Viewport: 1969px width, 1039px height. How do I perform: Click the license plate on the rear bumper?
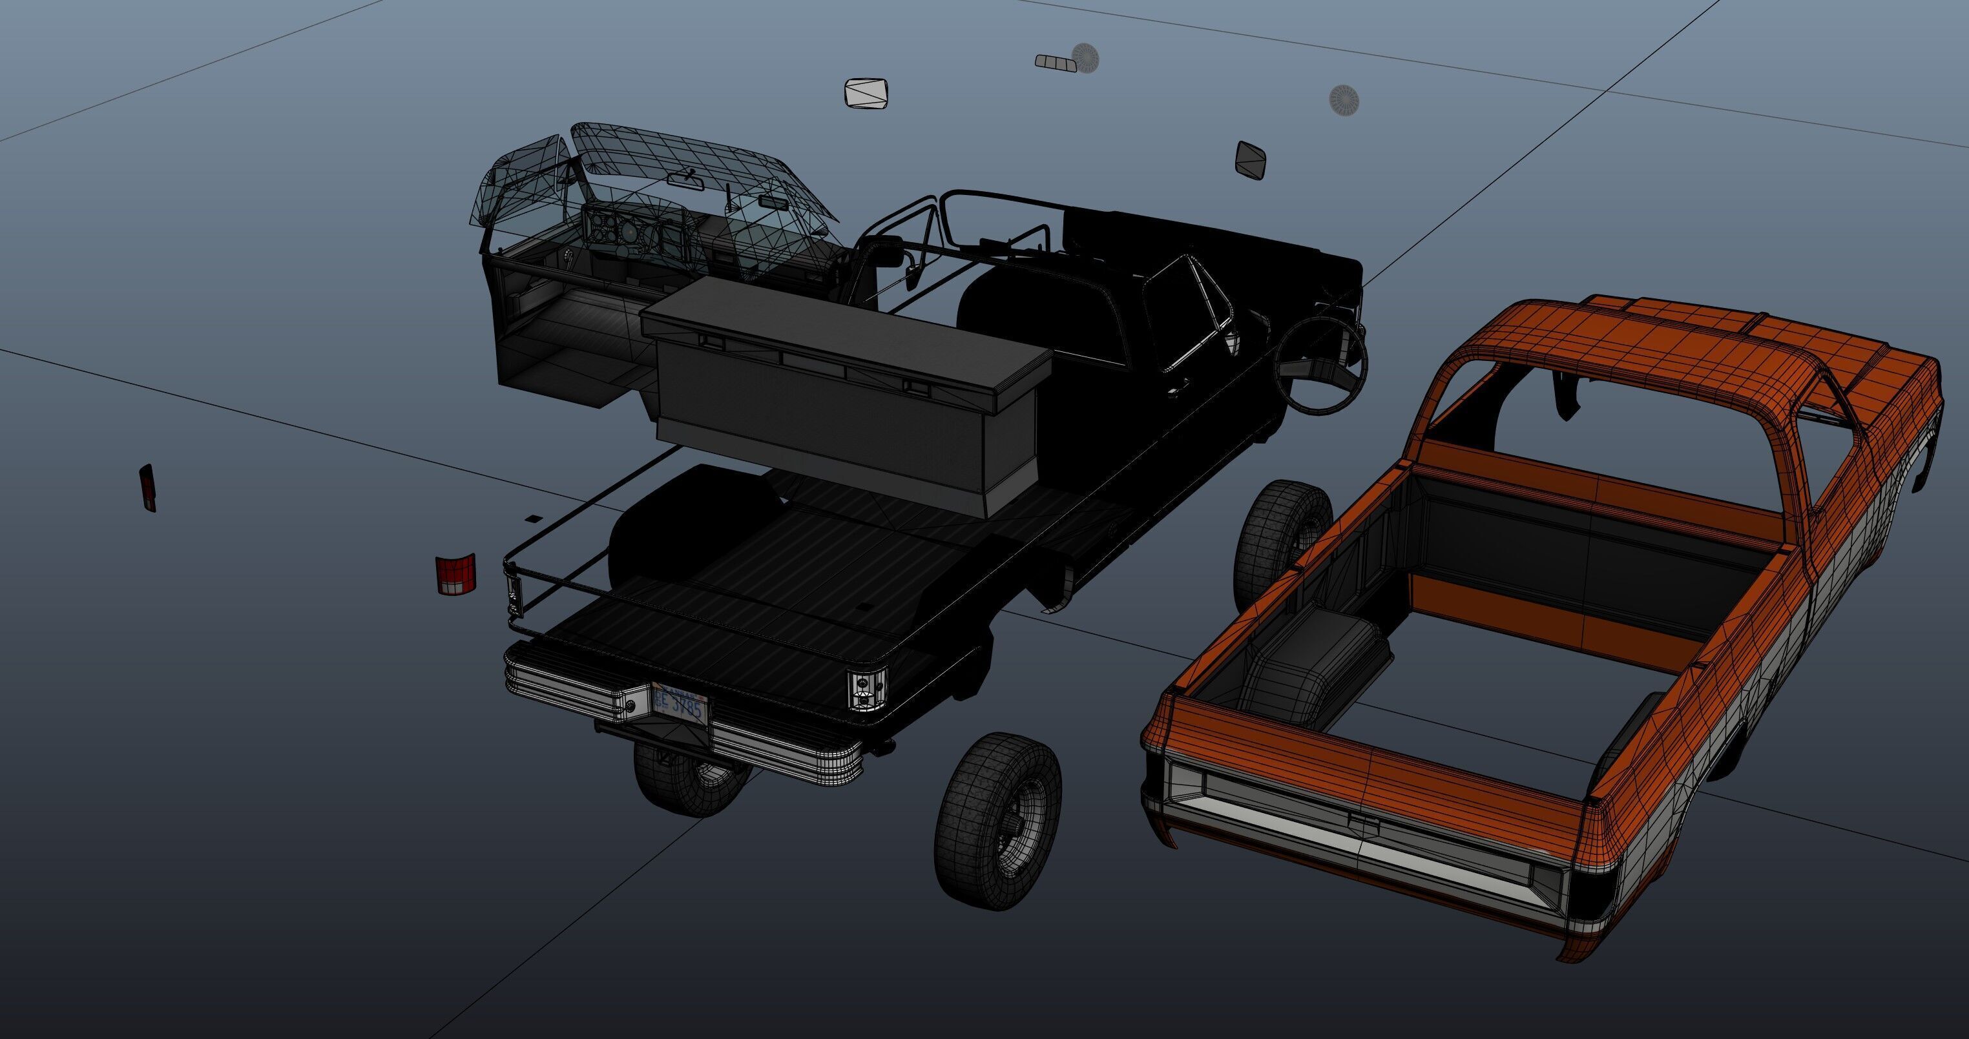tap(680, 705)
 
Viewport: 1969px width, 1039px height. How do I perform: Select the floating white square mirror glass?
tap(867, 93)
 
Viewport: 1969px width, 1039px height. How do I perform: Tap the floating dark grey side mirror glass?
tap(1251, 160)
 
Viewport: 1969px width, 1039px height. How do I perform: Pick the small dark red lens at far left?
tap(147, 487)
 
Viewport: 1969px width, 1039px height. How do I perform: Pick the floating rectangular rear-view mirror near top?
tap(1056, 62)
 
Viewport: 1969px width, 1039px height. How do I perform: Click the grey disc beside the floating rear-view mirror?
tap(1085, 57)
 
